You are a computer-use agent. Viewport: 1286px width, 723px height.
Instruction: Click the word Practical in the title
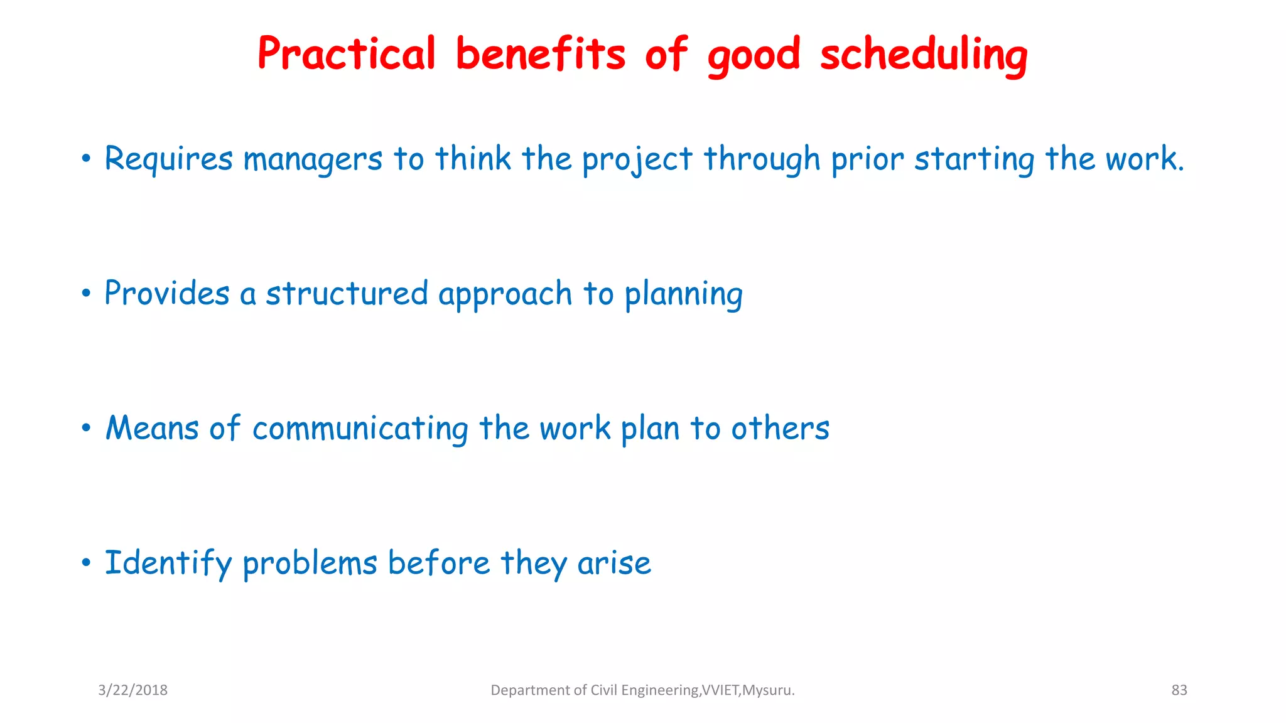(346, 54)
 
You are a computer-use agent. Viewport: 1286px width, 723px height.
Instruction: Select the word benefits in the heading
(540, 54)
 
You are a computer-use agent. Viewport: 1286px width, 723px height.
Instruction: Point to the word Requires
(168, 159)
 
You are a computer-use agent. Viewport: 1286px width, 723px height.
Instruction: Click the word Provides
(167, 294)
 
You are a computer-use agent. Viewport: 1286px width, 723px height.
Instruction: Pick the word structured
(347, 294)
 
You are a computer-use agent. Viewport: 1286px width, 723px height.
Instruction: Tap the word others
(780, 429)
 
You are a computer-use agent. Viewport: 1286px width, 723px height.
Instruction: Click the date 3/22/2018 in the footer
(132, 690)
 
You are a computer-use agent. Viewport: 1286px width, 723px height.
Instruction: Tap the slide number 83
(1179, 690)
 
